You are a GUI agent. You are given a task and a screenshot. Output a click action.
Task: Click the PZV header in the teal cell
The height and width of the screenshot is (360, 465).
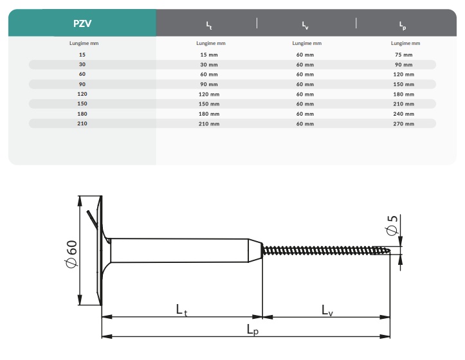point(82,23)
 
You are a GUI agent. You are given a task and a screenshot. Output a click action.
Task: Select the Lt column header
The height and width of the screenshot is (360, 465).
point(209,25)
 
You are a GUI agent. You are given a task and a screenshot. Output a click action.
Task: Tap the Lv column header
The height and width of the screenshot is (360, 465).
point(305,25)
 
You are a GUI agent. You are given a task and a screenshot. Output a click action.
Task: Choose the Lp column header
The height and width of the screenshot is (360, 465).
point(403,26)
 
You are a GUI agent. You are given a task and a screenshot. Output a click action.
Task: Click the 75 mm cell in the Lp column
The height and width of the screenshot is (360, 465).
point(404,55)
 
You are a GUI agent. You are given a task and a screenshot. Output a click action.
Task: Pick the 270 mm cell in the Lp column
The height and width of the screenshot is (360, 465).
point(404,124)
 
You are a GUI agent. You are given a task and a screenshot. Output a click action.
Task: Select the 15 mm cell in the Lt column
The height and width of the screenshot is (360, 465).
point(209,55)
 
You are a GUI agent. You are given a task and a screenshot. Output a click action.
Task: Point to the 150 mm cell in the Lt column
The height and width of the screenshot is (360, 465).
point(209,104)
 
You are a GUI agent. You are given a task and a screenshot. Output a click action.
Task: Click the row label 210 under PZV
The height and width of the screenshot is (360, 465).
point(82,123)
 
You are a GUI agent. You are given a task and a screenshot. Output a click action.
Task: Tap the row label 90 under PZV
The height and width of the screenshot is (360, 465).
point(82,84)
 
